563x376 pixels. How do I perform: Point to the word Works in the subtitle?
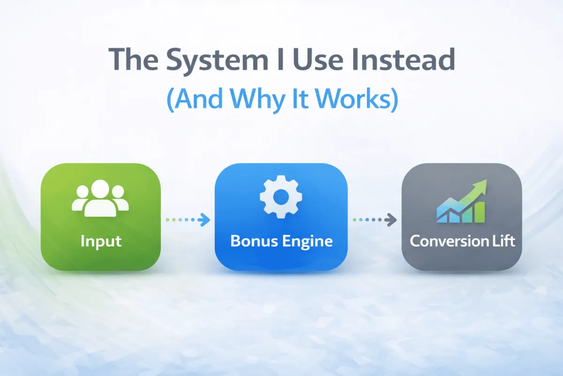click(352, 99)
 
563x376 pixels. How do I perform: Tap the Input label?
click(101, 241)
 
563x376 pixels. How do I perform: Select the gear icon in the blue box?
click(281, 198)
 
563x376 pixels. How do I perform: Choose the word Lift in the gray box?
click(504, 241)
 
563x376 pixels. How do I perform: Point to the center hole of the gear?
click(281, 198)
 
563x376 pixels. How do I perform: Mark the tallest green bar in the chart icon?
click(479, 213)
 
